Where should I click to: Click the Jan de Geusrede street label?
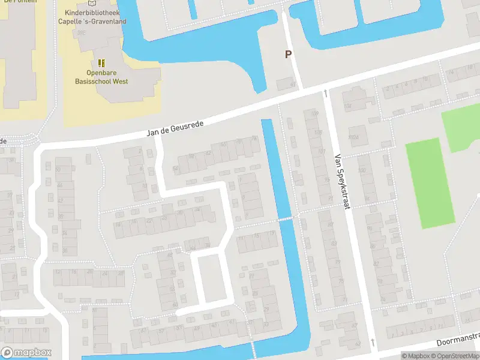coord(176,127)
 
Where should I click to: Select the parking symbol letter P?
coord(288,55)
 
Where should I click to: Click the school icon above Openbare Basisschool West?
coord(101,62)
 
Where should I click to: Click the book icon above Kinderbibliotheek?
coord(91,3)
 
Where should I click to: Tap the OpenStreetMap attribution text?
coord(457,356)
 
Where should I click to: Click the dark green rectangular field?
coord(431,184)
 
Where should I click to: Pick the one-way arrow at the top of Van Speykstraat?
coord(325,93)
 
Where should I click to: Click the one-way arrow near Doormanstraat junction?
coord(373,342)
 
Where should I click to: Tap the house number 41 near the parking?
coord(293,85)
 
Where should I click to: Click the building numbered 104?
coord(347,106)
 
